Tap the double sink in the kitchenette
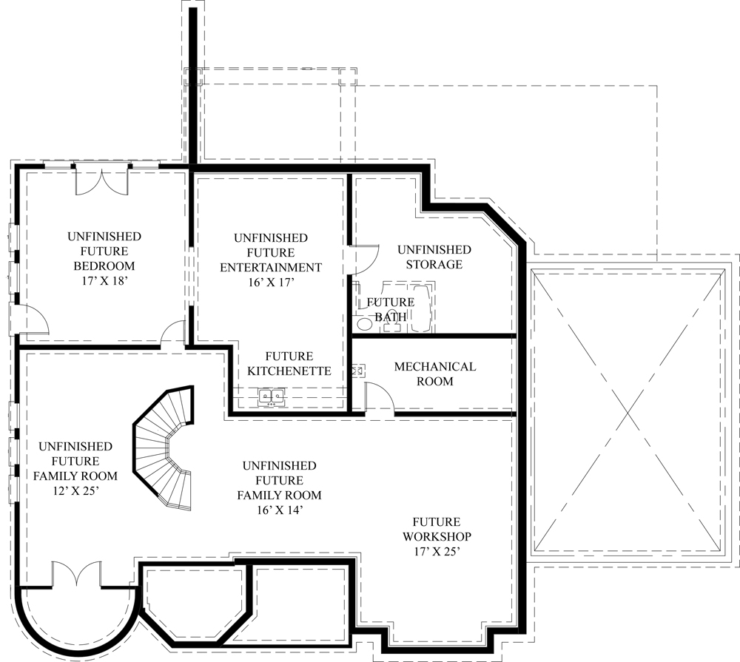click(x=272, y=398)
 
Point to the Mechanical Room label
click(x=434, y=374)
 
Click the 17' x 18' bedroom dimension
click(x=104, y=281)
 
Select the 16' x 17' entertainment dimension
click(x=270, y=282)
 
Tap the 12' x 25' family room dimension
click(x=75, y=490)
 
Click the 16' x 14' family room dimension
click(x=278, y=510)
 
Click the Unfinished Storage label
click(x=434, y=257)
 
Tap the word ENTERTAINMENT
click(x=270, y=267)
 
